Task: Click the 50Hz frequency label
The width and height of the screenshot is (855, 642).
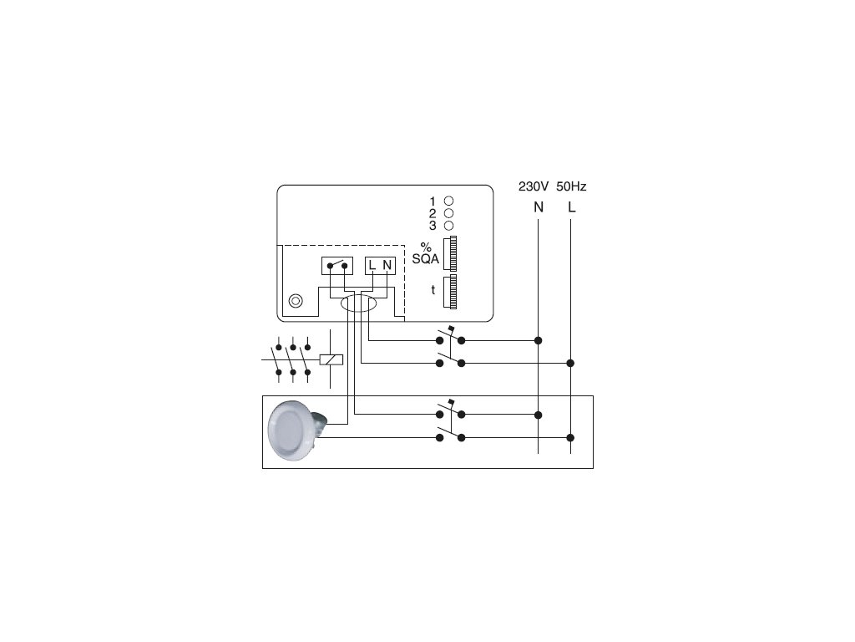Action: coord(572,186)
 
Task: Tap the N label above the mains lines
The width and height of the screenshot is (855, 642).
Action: coord(539,206)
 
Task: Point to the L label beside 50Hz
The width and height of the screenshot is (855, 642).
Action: coord(572,206)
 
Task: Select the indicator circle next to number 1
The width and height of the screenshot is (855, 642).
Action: coord(448,201)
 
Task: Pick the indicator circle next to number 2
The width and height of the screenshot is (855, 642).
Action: coord(448,213)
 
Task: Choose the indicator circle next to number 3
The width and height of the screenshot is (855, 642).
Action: coord(448,226)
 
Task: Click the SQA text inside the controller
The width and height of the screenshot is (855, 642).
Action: coord(426,259)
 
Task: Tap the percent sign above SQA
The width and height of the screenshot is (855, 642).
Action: coord(426,247)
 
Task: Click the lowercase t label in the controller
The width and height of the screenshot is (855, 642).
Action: coord(433,290)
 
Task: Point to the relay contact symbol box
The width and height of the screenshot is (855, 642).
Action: coord(337,266)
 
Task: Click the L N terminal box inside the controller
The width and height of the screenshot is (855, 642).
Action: coord(380,266)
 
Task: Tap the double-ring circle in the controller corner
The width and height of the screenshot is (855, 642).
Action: coord(296,301)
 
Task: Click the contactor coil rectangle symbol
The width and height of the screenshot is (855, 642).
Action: coord(331,361)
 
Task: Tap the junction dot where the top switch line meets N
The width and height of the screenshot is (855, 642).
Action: coord(539,340)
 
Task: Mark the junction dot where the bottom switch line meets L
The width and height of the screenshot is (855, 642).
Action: coord(571,437)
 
